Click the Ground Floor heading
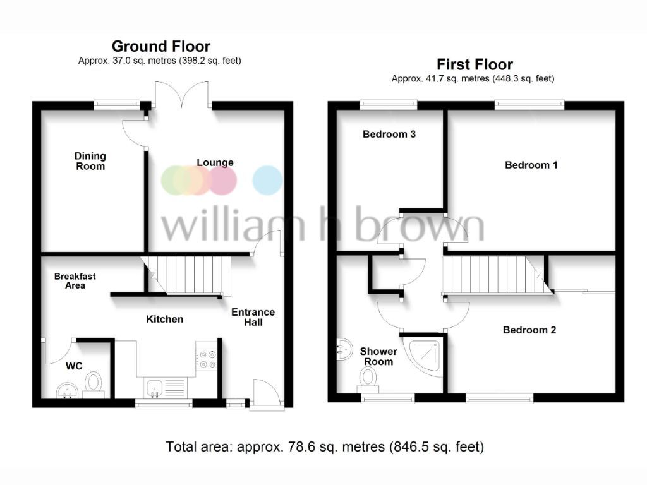point(160,46)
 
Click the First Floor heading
point(475,64)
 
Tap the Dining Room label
point(90,161)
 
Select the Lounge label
point(215,162)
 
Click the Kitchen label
point(165,319)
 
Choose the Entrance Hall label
point(253,317)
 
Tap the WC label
point(75,365)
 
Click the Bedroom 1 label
point(531,165)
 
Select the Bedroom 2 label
point(529,330)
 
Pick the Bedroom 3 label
point(389,134)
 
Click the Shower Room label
point(378,356)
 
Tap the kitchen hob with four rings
point(207,359)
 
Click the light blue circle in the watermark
point(267,179)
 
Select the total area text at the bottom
point(325,447)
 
